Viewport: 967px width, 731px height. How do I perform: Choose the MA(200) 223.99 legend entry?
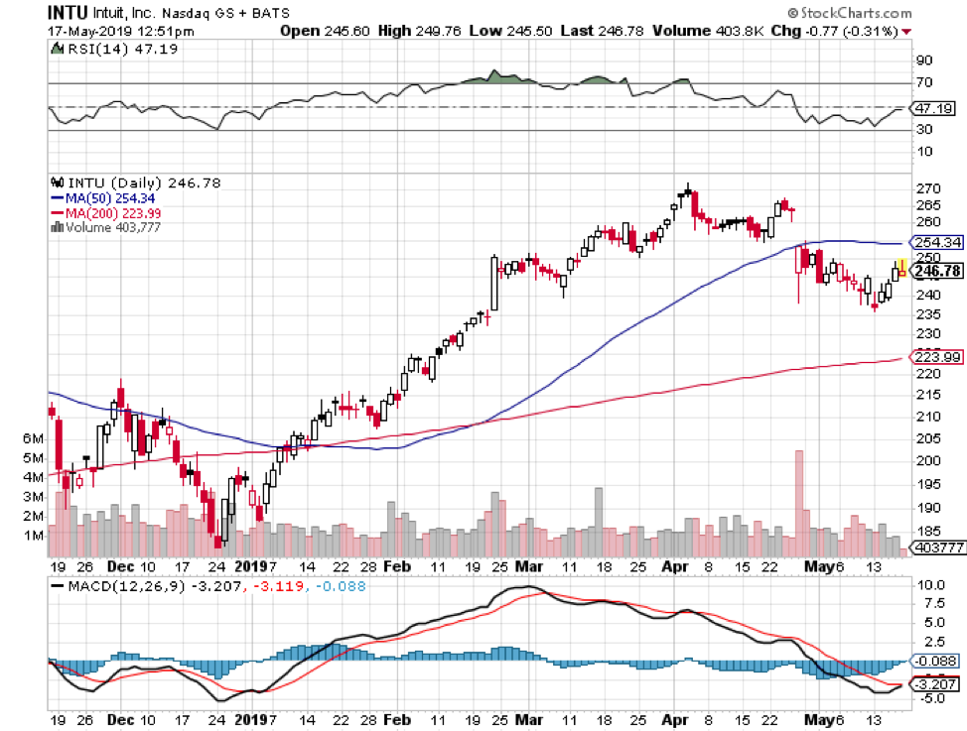(x=111, y=212)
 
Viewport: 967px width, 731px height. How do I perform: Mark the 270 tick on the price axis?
(x=928, y=188)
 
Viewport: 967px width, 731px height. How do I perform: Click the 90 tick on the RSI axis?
(x=923, y=61)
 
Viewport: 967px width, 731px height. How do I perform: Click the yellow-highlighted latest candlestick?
(x=901, y=267)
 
